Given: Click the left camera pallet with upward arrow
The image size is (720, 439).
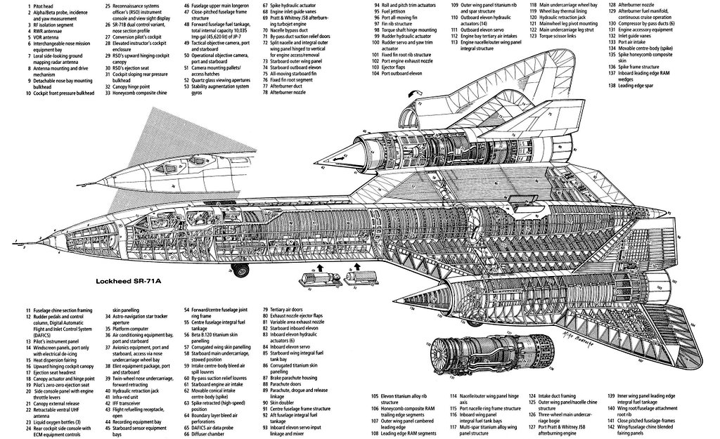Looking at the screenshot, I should (315, 280).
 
